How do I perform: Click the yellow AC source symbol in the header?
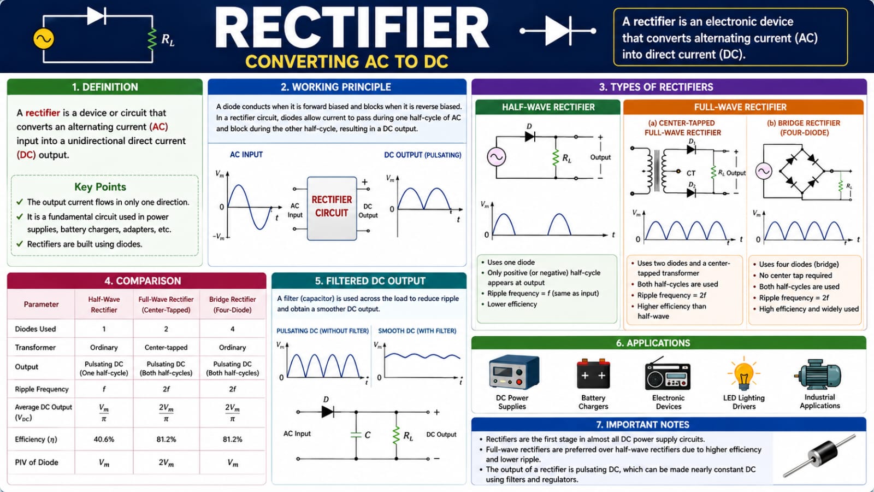pos(44,39)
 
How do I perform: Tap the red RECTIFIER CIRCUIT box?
pos(332,208)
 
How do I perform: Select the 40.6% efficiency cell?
pos(104,440)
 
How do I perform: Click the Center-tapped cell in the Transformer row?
pos(166,347)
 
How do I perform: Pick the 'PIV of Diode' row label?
pos(36,462)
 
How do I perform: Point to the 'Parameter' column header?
pos(41,304)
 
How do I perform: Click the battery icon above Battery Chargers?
pos(593,374)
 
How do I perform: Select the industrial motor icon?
pos(819,374)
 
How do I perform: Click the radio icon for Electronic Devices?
pos(668,374)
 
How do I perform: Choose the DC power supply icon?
pos(514,372)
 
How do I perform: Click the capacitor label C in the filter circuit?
pos(367,435)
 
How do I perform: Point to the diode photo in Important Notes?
pos(819,456)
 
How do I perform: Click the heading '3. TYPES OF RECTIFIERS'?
pos(656,87)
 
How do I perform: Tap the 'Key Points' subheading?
pos(101,186)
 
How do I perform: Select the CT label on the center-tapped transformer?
pos(690,173)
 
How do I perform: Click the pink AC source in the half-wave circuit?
pos(497,157)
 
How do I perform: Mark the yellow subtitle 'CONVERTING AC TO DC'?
pos(346,62)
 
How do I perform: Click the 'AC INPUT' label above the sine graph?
pos(246,155)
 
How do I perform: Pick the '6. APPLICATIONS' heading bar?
pos(669,343)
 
